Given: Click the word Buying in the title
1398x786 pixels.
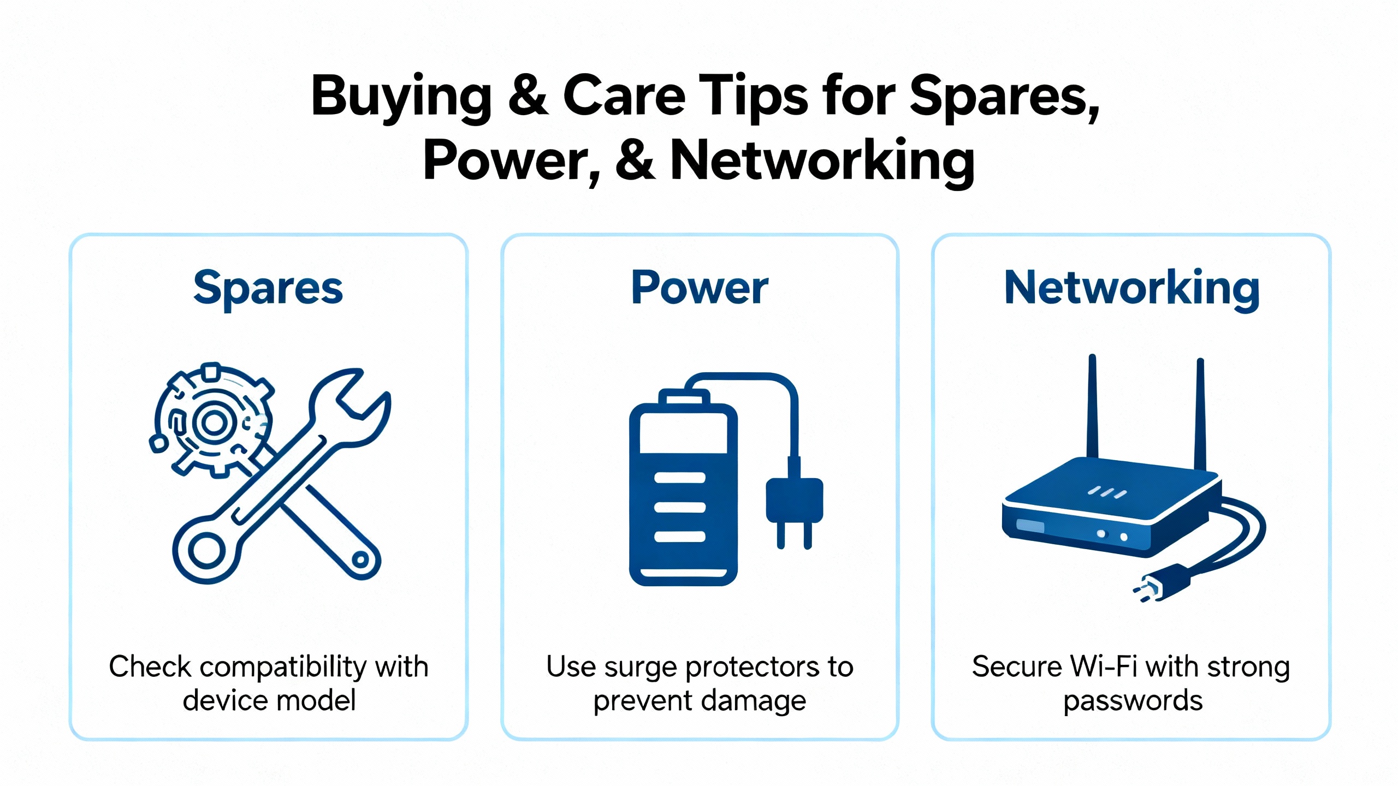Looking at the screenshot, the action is [401, 97].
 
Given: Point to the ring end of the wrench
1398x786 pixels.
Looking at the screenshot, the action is [206, 550].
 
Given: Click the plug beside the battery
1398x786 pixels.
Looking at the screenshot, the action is [795, 502].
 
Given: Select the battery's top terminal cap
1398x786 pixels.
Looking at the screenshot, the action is [684, 397].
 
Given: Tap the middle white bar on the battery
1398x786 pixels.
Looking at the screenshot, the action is [680, 507].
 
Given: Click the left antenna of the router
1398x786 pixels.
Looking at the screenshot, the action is [1092, 407].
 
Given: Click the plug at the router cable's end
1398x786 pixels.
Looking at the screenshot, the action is [1160, 584].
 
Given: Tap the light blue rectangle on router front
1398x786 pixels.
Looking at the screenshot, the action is [1030, 526].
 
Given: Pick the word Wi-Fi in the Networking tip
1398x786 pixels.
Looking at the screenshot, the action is [1104, 667].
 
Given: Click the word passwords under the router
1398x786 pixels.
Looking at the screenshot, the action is [1133, 702].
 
